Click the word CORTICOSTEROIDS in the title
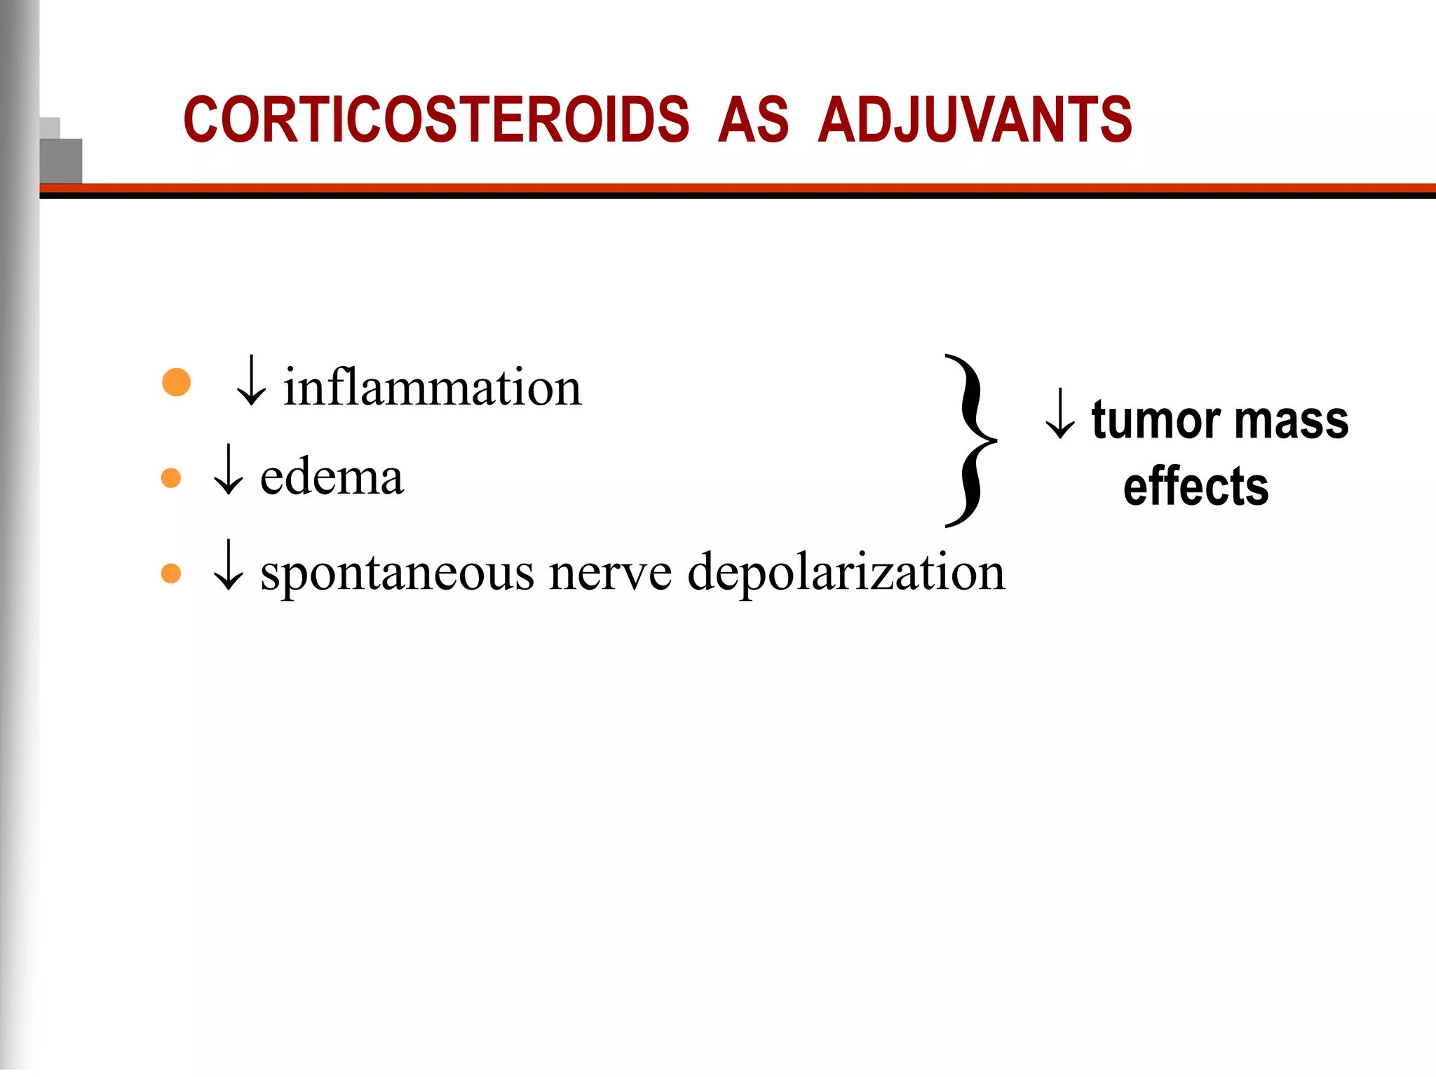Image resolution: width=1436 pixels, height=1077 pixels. [x=436, y=120]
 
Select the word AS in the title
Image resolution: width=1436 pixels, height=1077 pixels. [x=753, y=120]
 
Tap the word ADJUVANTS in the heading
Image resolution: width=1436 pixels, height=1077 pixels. [x=975, y=120]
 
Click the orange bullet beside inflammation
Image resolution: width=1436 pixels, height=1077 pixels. [x=176, y=382]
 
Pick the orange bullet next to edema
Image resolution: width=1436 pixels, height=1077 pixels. [x=171, y=478]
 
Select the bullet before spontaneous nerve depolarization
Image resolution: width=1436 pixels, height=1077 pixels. [x=171, y=574]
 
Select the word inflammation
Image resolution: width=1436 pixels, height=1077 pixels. [x=432, y=388]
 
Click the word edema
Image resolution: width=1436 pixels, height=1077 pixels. [x=332, y=478]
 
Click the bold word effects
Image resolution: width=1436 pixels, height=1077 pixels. [x=1195, y=487]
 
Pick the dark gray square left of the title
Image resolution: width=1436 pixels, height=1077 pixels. [x=61, y=161]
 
